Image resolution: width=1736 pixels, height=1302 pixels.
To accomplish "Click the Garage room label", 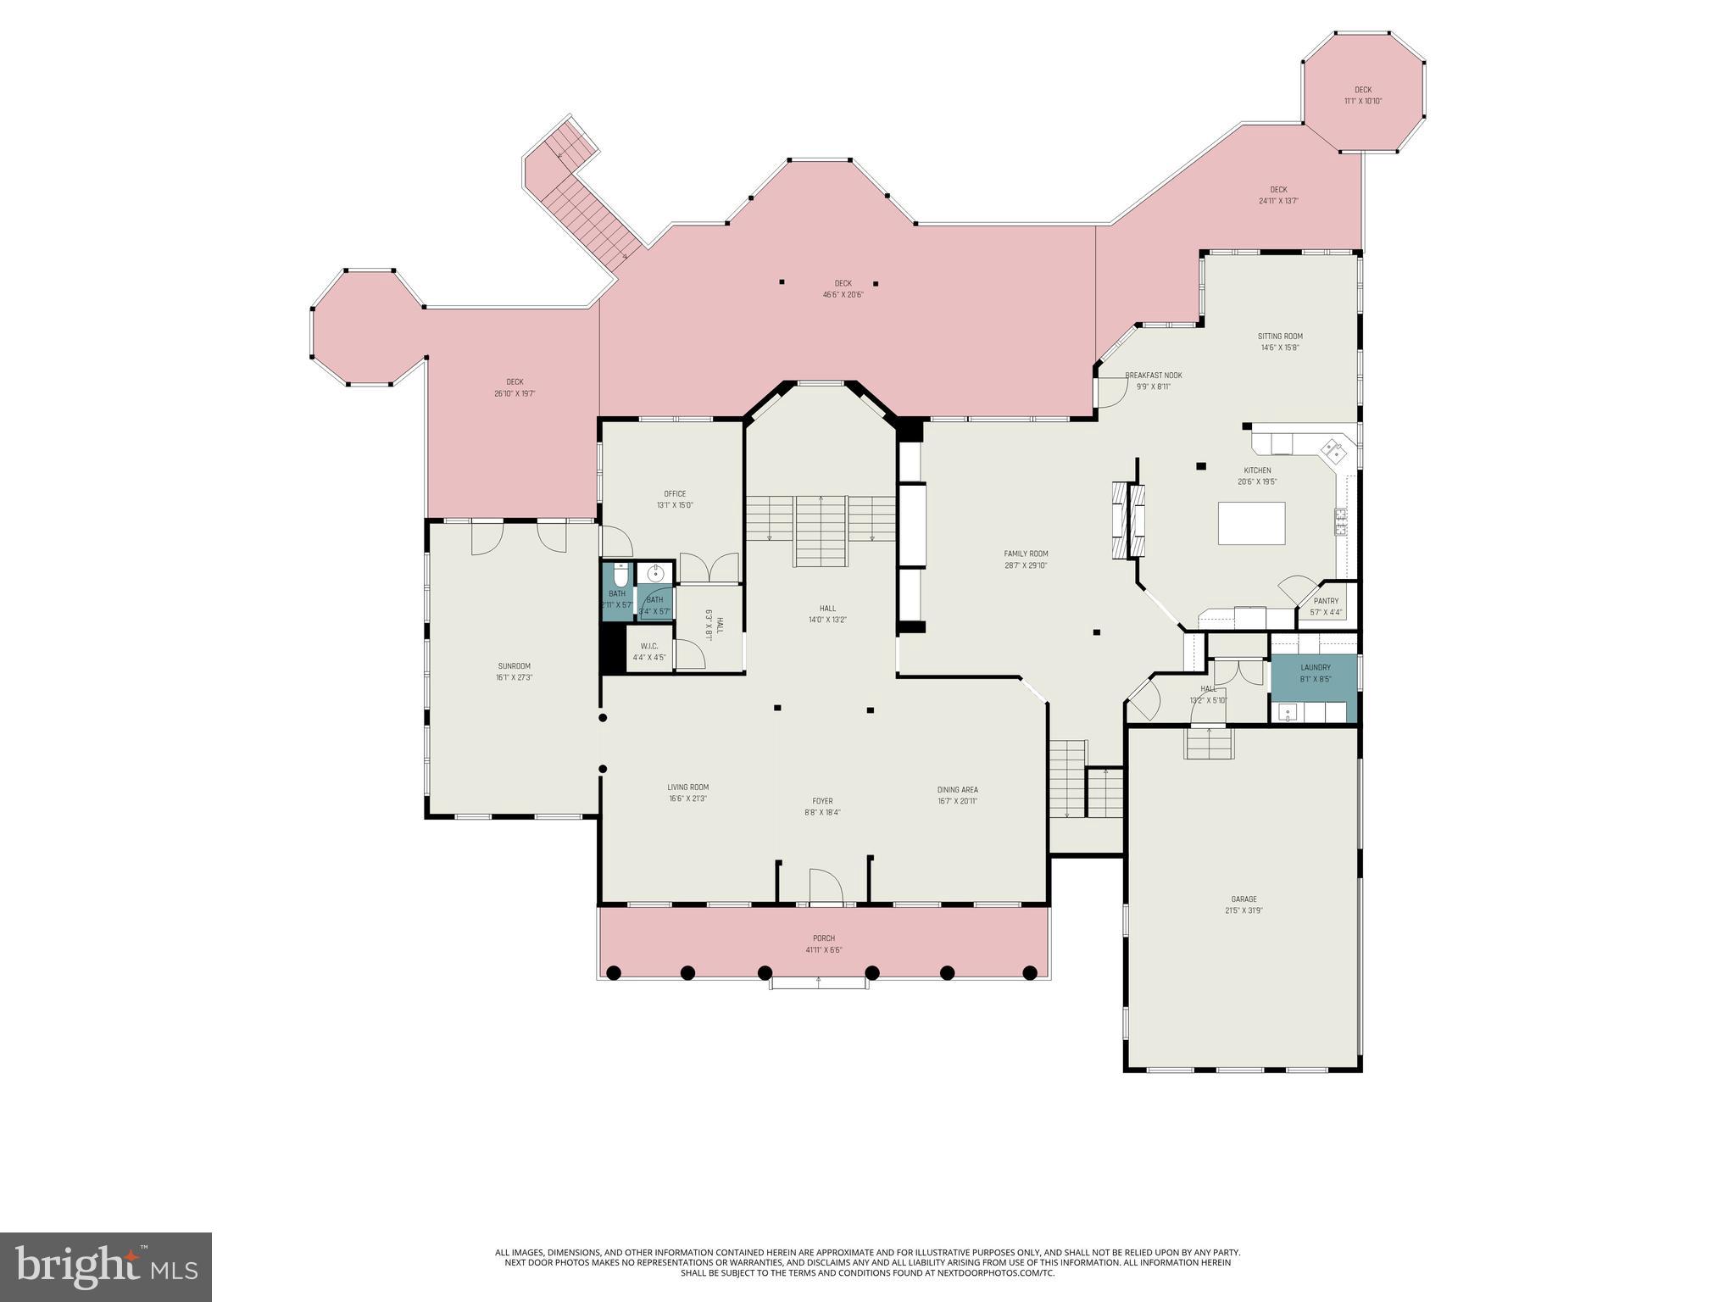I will click(x=1244, y=899).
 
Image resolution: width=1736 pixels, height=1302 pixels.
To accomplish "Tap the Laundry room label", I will click(x=1315, y=668).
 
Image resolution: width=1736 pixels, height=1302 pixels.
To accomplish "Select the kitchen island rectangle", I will click(x=1251, y=523).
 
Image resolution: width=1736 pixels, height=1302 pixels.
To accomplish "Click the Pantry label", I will click(x=1326, y=601).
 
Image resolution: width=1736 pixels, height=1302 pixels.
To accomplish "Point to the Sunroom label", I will click(x=514, y=666).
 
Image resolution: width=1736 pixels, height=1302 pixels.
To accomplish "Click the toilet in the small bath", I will click(x=620, y=576).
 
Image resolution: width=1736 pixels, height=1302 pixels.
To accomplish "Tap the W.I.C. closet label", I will click(x=649, y=646).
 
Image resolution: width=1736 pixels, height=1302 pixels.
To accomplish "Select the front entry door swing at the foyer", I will click(x=825, y=887).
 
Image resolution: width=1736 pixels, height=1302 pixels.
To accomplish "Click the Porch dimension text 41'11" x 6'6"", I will click(x=823, y=949).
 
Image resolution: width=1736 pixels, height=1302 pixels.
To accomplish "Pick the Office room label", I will click(x=675, y=493).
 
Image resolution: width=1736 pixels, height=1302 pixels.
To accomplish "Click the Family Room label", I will click(x=1026, y=554).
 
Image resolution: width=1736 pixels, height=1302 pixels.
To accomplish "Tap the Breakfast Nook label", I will click(x=1153, y=376).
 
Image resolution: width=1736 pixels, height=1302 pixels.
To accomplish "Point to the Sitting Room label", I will click(x=1280, y=337).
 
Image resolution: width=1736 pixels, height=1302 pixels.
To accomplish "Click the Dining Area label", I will click(x=957, y=789).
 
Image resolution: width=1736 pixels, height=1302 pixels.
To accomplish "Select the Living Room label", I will click(x=687, y=787).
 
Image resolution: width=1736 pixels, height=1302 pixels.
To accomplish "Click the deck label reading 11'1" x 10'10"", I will click(x=1362, y=101).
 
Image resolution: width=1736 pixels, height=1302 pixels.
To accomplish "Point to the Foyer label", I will click(x=822, y=801).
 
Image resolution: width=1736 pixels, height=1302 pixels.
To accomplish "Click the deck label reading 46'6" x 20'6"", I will click(x=843, y=294).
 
